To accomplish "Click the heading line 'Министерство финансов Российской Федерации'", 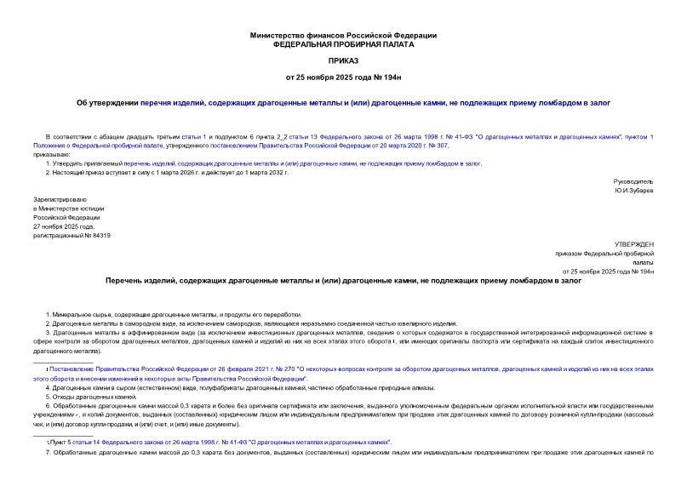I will (343, 35).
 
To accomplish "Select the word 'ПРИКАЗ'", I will (343, 61).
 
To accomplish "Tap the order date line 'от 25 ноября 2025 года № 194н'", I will (343, 79).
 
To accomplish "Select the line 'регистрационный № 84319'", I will (71, 235).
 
